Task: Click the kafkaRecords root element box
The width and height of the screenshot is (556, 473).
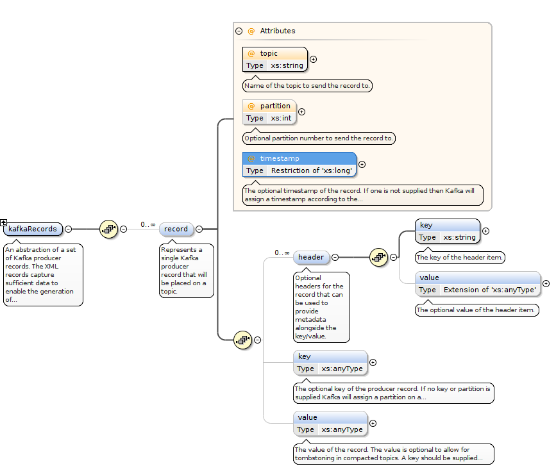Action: tap(33, 229)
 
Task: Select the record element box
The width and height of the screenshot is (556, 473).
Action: tap(176, 229)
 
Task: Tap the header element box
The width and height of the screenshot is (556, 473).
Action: tap(311, 257)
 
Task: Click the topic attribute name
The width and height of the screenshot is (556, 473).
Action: tap(269, 53)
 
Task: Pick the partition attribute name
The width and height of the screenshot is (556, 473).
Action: tap(275, 106)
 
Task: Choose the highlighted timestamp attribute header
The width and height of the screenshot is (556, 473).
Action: tap(299, 158)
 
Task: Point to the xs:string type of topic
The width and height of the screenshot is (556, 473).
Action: tap(287, 65)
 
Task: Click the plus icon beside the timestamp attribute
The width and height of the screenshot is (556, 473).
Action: tap(362, 164)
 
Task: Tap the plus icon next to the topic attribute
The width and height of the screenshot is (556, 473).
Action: tap(313, 59)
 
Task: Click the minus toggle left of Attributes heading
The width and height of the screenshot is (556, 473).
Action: tap(239, 31)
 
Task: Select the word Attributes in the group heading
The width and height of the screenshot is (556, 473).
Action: tap(278, 31)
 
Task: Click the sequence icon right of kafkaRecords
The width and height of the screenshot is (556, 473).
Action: tap(108, 229)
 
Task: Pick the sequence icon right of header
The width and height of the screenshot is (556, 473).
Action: tap(378, 257)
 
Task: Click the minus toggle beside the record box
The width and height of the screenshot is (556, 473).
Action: tap(199, 229)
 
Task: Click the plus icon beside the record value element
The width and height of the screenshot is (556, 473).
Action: tap(373, 423)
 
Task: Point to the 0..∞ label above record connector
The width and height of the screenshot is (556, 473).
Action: tap(148, 224)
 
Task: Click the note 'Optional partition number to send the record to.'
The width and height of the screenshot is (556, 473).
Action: tap(319, 138)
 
